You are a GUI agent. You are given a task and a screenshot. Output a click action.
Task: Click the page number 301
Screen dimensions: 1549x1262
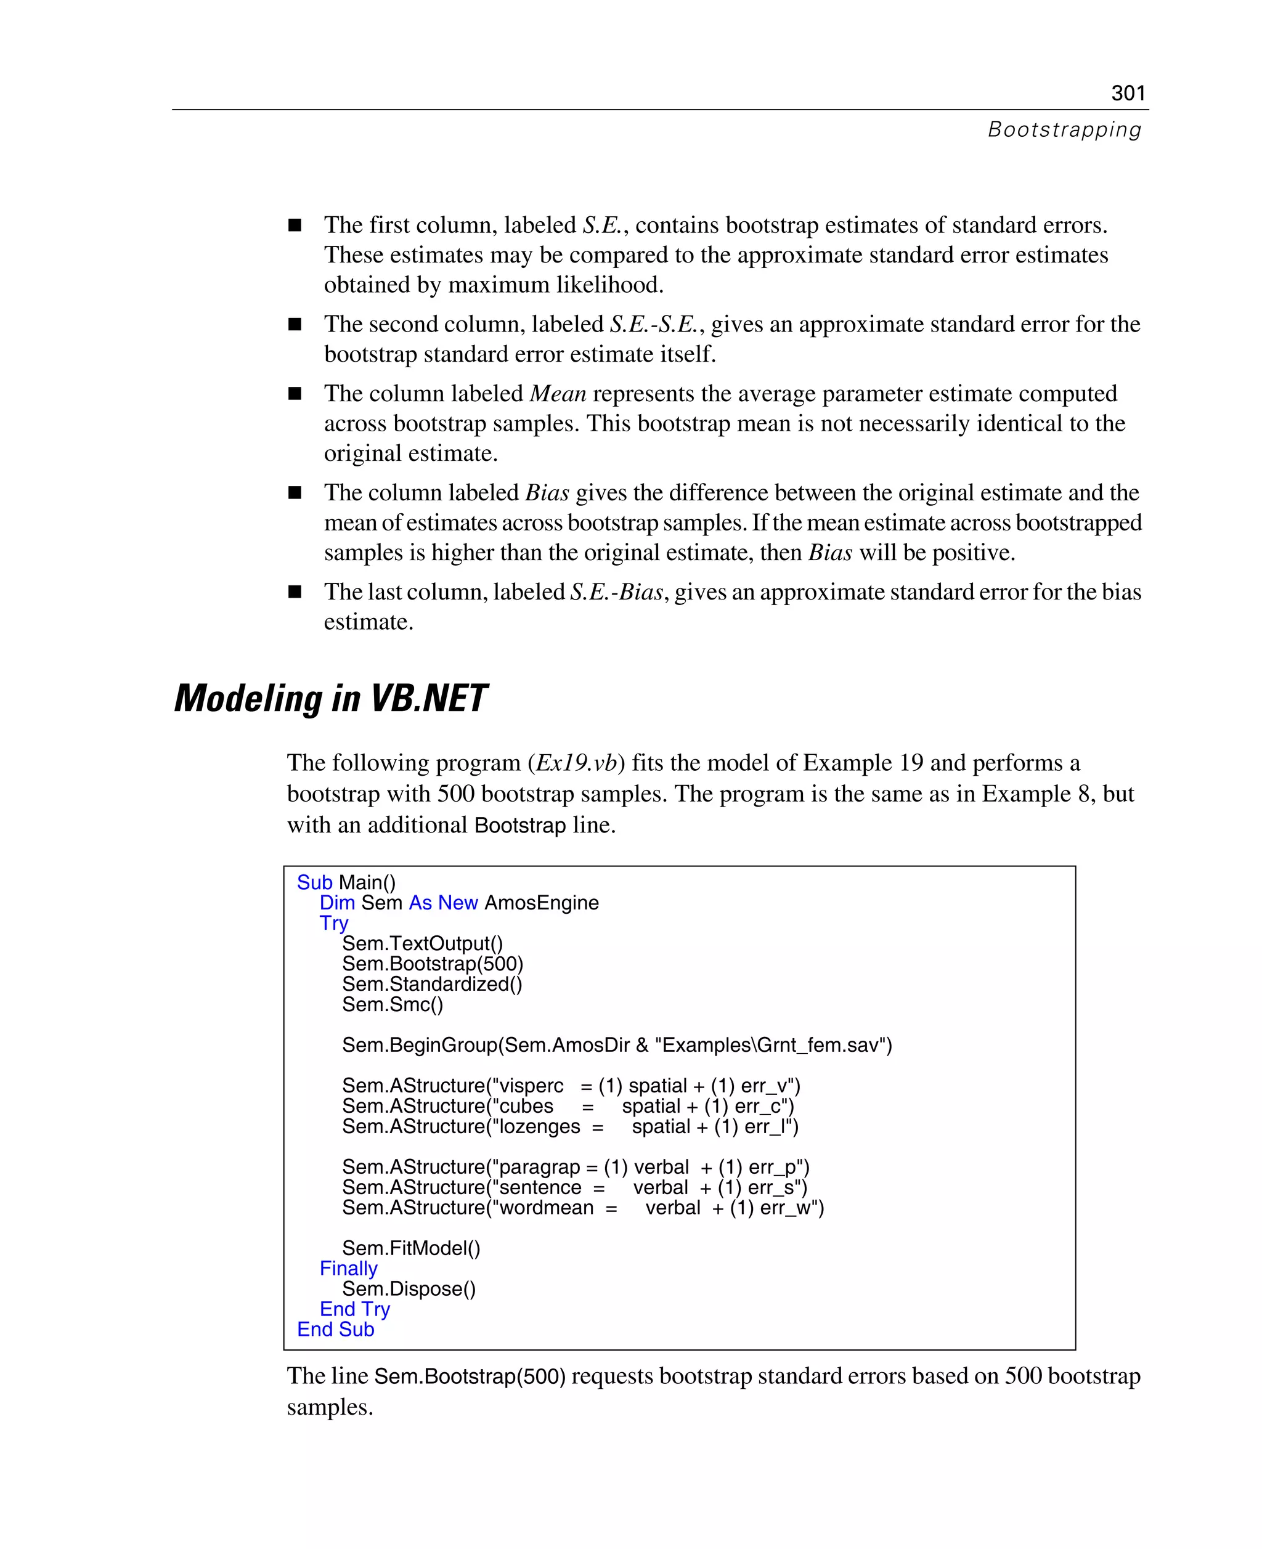point(1128,93)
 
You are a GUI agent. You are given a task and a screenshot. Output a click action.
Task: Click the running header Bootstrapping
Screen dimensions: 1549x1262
point(1064,129)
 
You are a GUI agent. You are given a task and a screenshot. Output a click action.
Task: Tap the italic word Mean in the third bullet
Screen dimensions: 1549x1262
point(558,393)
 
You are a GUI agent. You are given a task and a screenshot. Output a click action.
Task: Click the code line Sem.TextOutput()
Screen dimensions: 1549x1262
point(422,943)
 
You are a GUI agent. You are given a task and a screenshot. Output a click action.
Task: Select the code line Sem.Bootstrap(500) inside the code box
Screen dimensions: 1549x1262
point(433,964)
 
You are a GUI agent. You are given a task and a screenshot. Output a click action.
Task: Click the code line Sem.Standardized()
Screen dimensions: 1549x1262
point(432,984)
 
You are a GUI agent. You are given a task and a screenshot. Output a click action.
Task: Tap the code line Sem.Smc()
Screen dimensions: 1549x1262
point(393,1004)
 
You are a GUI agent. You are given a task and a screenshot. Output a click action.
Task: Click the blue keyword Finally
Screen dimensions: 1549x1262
point(348,1269)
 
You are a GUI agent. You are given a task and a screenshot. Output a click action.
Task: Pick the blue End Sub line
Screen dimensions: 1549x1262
point(335,1330)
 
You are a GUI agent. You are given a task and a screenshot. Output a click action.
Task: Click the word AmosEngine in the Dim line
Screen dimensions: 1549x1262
point(542,903)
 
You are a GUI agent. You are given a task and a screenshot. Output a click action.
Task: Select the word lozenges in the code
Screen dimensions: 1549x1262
point(539,1127)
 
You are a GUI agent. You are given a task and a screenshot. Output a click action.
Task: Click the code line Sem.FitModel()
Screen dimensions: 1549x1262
point(411,1248)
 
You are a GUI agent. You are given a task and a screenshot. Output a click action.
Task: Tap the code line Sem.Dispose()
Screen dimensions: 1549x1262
point(409,1289)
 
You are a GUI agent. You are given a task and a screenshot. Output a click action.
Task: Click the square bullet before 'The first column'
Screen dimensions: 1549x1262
point(295,226)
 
